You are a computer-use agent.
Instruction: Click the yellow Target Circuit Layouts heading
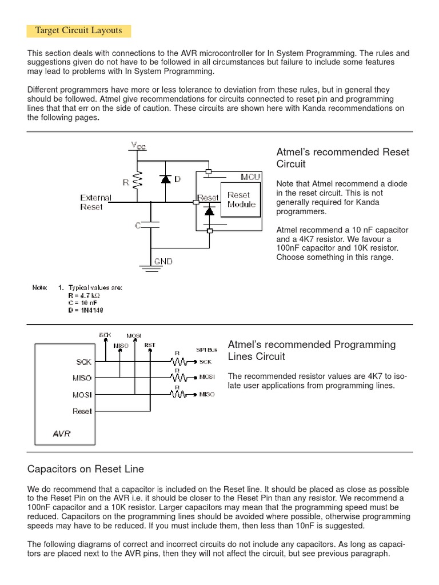79,30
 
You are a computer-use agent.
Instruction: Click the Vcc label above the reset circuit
138,146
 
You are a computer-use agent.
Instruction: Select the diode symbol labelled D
166,179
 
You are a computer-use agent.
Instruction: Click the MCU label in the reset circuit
250,177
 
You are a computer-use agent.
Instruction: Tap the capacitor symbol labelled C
152,226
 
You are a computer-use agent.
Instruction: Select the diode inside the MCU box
209,211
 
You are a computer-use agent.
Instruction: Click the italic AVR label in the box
61,434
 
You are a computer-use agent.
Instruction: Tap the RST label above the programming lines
150,345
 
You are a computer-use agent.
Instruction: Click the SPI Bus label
206,349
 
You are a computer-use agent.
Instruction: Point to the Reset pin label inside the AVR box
82,411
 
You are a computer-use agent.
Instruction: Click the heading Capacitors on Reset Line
86,469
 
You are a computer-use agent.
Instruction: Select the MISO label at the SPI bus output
207,395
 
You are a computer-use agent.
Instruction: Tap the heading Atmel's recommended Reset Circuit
343,158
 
